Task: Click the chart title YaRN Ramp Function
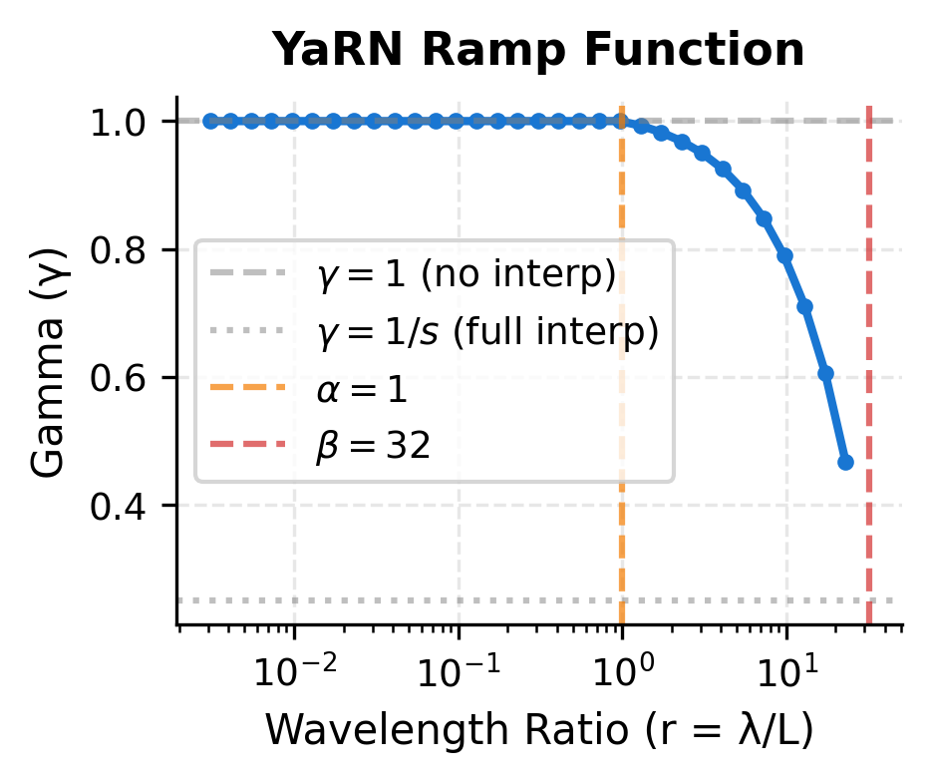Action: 538,50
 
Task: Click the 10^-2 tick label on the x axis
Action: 293,671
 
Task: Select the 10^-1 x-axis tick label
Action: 458,671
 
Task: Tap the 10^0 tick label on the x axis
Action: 622,671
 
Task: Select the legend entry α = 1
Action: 363,389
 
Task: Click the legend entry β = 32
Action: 374,446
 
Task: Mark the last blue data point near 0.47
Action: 845,462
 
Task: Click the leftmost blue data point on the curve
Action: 210,121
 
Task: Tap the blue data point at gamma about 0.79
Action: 785,255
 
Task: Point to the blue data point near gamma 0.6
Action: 825,373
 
